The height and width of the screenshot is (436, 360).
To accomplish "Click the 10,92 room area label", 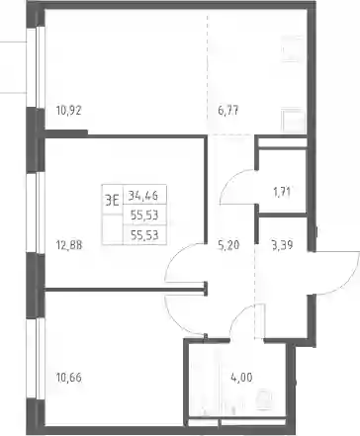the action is [68, 111].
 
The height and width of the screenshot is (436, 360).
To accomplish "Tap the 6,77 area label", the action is [228, 111].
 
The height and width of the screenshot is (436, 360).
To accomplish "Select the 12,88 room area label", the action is [69, 245].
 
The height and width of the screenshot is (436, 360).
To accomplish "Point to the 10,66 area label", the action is [69, 378].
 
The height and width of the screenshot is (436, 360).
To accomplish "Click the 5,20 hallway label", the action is [228, 245].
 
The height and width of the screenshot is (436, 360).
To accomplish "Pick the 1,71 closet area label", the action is [282, 192].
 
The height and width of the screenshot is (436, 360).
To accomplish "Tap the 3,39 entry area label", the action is [282, 245].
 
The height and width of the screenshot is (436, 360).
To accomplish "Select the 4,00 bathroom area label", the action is [241, 377].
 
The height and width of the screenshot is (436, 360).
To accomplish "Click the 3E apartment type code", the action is [112, 200].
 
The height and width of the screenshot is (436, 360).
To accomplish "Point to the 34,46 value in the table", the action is [143, 196].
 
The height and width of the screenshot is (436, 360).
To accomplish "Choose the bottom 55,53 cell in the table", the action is [144, 235].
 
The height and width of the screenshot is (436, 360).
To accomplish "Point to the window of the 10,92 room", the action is [36, 67].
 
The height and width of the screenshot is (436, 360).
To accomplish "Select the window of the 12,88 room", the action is [36, 213].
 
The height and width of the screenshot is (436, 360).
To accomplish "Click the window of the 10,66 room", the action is [36, 358].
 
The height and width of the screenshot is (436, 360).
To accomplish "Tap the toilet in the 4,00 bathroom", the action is [264, 399].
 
